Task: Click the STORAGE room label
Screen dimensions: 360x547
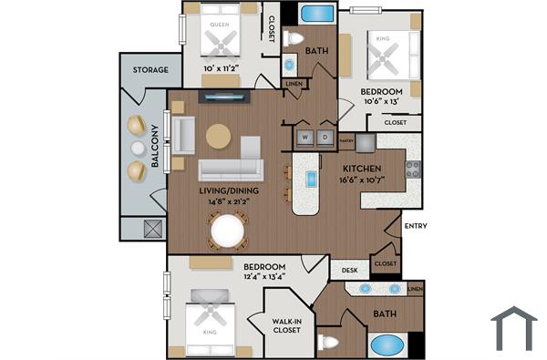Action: pyautogui.click(x=150, y=69)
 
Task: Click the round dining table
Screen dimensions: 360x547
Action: pyautogui.click(x=228, y=231)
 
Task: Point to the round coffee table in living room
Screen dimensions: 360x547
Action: pyautogui.click(x=219, y=136)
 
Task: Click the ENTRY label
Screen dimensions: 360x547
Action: pyautogui.click(x=415, y=226)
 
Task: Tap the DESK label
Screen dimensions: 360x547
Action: pyautogui.click(x=349, y=270)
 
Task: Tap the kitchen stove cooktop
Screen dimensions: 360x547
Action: pyautogui.click(x=412, y=169)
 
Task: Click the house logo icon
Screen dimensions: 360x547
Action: pyautogui.click(x=513, y=328)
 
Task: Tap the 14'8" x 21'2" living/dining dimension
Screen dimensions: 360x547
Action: pyautogui.click(x=229, y=202)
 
